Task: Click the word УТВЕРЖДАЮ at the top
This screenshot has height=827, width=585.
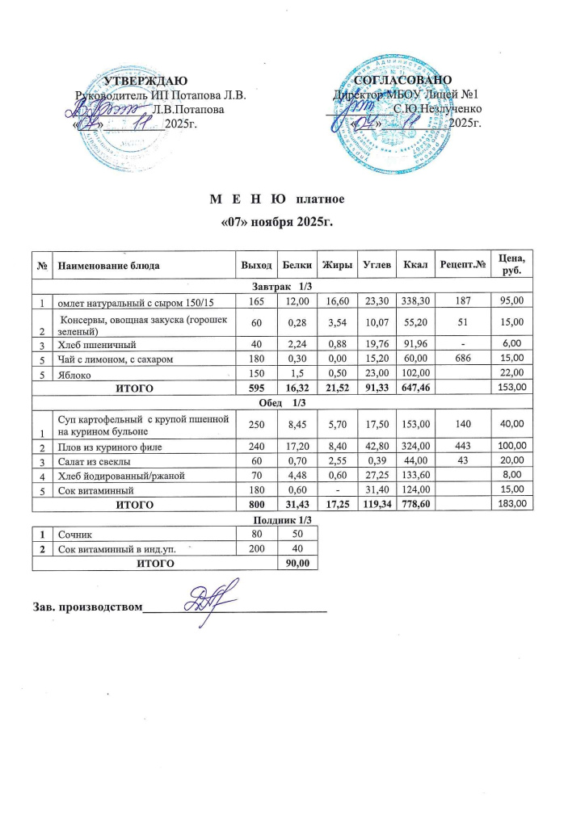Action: (x=141, y=80)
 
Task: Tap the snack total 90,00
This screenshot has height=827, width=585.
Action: (x=291, y=564)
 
